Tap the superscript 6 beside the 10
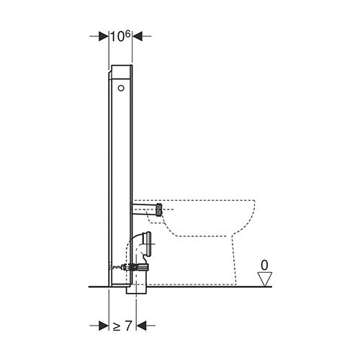(127, 34)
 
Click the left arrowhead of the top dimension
(104, 37)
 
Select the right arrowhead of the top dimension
(138, 37)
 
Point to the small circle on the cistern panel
(121, 88)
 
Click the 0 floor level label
(264, 266)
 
